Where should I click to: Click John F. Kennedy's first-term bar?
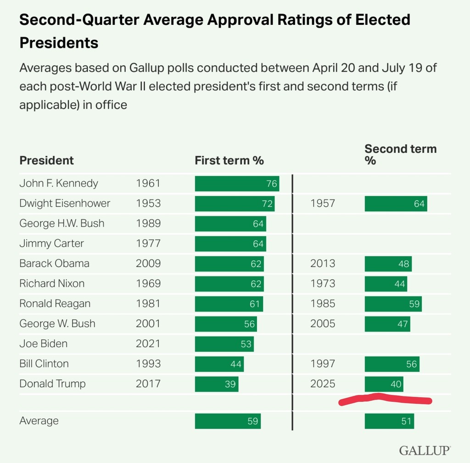(x=237, y=183)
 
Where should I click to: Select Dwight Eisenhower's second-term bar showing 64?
(x=396, y=203)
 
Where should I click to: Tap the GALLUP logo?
(x=425, y=450)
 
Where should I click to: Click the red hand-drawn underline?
(x=385, y=400)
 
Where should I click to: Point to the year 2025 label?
(x=323, y=384)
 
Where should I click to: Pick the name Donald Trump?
(x=52, y=384)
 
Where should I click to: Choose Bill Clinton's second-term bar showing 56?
(x=392, y=364)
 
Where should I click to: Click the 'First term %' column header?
(x=229, y=160)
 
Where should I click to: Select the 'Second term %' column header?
(x=400, y=154)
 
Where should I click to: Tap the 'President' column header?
(x=46, y=160)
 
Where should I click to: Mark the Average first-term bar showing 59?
(x=228, y=421)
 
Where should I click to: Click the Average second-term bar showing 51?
(x=389, y=421)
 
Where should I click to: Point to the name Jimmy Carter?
(x=51, y=243)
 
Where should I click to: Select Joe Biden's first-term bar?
(x=224, y=344)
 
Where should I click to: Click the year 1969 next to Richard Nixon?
(x=148, y=283)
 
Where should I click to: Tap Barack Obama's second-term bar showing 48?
(x=388, y=264)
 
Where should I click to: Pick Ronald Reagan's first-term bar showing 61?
(x=229, y=304)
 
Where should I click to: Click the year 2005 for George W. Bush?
(x=323, y=323)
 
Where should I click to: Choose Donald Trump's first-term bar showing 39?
(x=217, y=384)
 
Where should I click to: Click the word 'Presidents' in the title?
(x=59, y=43)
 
